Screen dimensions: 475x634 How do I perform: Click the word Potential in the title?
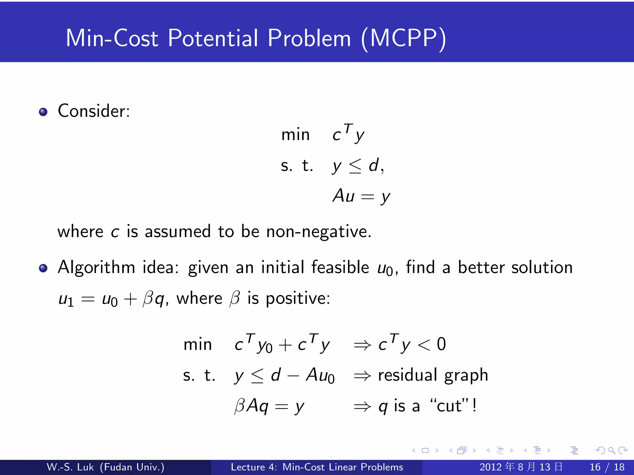click(213, 38)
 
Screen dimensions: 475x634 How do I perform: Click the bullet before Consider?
click(43, 112)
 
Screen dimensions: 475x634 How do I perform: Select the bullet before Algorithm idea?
click(43, 268)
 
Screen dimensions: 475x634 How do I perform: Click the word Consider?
click(94, 111)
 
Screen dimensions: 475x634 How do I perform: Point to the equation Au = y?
click(361, 196)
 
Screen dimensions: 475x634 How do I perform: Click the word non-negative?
click(319, 232)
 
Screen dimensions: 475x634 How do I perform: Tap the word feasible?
click(340, 267)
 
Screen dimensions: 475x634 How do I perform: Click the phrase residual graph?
click(433, 375)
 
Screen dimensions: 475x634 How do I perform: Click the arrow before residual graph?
click(362, 376)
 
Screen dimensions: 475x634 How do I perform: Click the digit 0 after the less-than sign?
click(441, 344)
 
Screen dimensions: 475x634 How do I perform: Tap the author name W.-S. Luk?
click(70, 467)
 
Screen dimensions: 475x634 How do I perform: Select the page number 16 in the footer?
click(595, 467)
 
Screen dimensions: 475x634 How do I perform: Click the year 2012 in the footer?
click(491, 467)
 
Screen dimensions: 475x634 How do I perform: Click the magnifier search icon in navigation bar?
click(611, 451)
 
